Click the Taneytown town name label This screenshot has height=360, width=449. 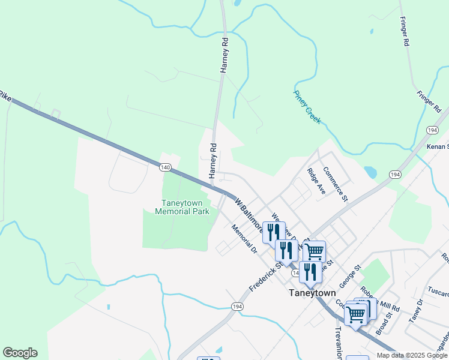[x=309, y=293]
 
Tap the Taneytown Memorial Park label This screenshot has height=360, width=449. [x=182, y=207]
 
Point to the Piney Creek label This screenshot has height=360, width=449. [x=307, y=107]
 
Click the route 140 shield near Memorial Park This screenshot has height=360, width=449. [x=166, y=166]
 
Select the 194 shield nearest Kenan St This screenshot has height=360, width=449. [x=432, y=130]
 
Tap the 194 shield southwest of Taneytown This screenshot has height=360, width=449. [x=235, y=307]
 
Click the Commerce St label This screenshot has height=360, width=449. [x=335, y=183]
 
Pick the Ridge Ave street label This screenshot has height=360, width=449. [x=316, y=181]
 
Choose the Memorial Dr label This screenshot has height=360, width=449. [x=244, y=239]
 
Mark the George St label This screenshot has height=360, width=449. [x=348, y=275]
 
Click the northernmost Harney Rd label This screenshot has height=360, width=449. [x=225, y=55]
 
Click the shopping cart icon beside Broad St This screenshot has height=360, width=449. [x=356, y=314]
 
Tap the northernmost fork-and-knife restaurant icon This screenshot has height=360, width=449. [x=274, y=231]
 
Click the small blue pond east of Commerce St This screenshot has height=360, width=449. [x=370, y=173]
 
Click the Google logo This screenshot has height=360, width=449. [x=20, y=353]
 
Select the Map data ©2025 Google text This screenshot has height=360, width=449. [x=412, y=355]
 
